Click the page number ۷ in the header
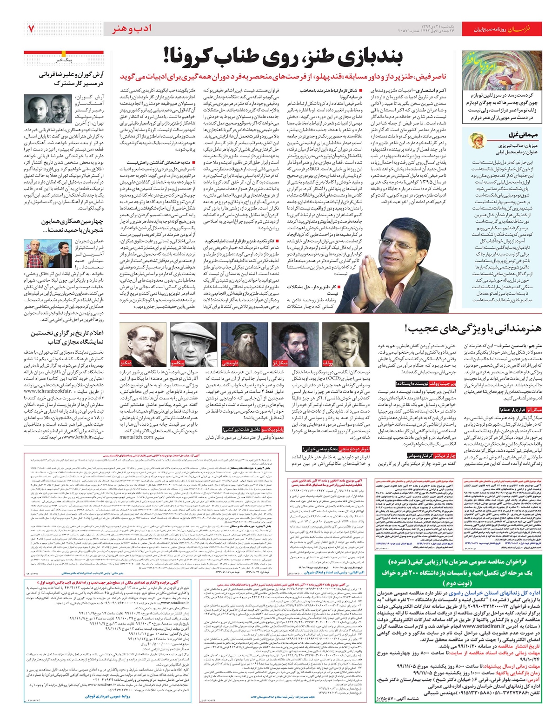click(x=31, y=29)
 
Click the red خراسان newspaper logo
click(x=524, y=29)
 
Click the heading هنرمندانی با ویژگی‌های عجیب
click(x=473, y=329)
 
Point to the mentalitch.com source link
click(x=140, y=437)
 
